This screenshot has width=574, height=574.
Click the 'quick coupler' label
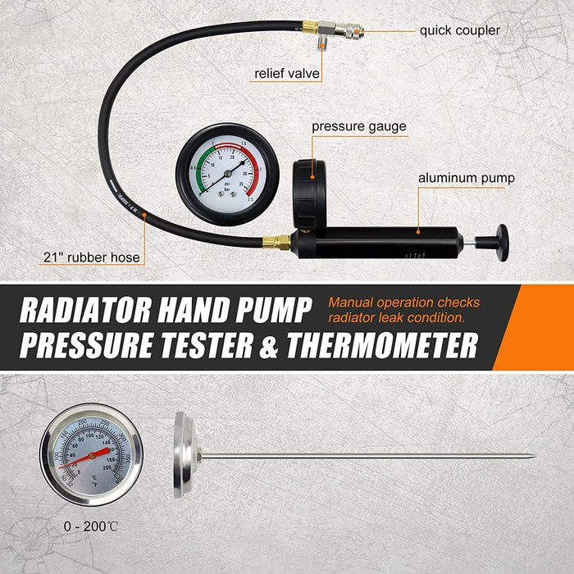click(x=459, y=30)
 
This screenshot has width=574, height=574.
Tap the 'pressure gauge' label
click(x=358, y=127)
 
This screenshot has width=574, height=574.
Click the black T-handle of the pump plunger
click(x=500, y=243)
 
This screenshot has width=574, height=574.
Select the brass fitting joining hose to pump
click(x=276, y=243)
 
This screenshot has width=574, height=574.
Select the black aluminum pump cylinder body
click(x=385, y=243)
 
